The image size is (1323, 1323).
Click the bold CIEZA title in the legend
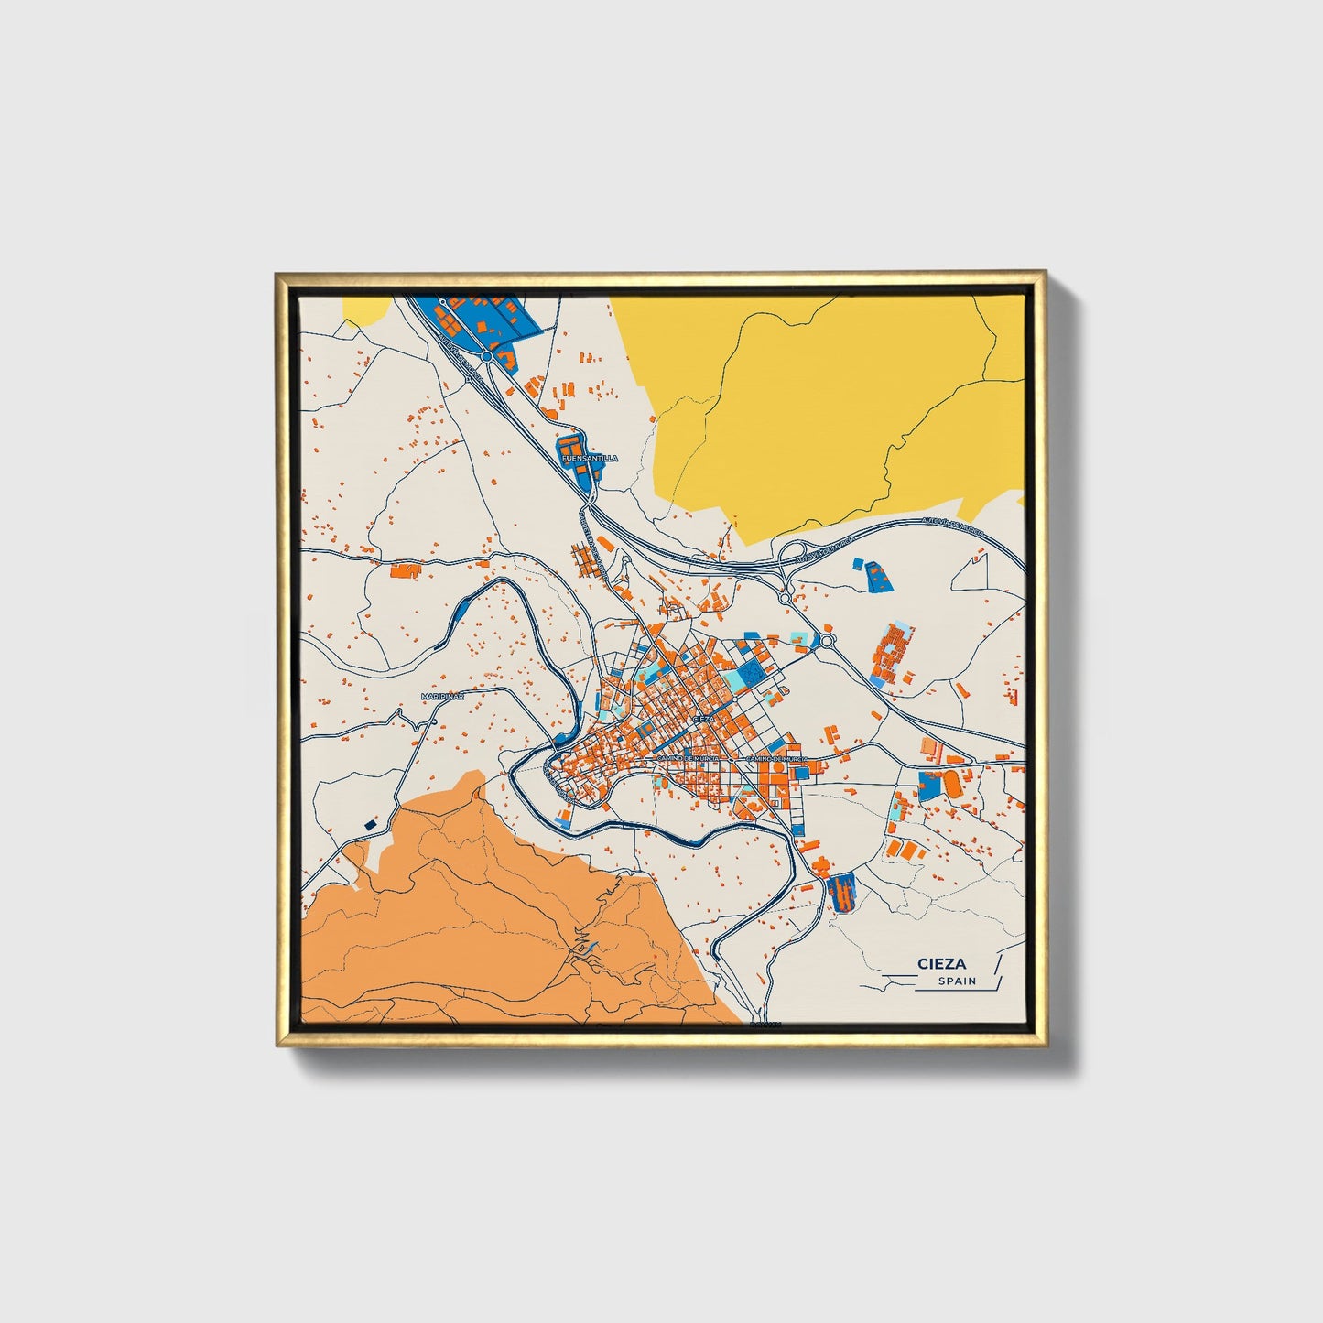pyautogui.click(x=942, y=963)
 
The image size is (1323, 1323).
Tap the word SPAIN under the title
pyautogui.click(x=957, y=981)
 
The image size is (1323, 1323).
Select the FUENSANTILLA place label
pyautogui.click(x=590, y=458)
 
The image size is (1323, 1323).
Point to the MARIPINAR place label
pyautogui.click(x=443, y=697)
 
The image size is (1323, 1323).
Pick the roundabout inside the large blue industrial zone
pyautogui.click(x=487, y=355)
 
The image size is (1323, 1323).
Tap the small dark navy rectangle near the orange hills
pyautogui.click(x=370, y=825)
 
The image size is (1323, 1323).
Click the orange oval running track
pyautogui.click(x=952, y=784)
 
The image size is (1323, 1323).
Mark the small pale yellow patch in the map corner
pyautogui.click(x=364, y=309)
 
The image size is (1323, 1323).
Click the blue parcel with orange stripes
pyautogui.click(x=840, y=892)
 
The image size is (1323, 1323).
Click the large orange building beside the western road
pyautogui.click(x=404, y=571)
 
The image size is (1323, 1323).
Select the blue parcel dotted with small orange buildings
pyautogui.click(x=877, y=575)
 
